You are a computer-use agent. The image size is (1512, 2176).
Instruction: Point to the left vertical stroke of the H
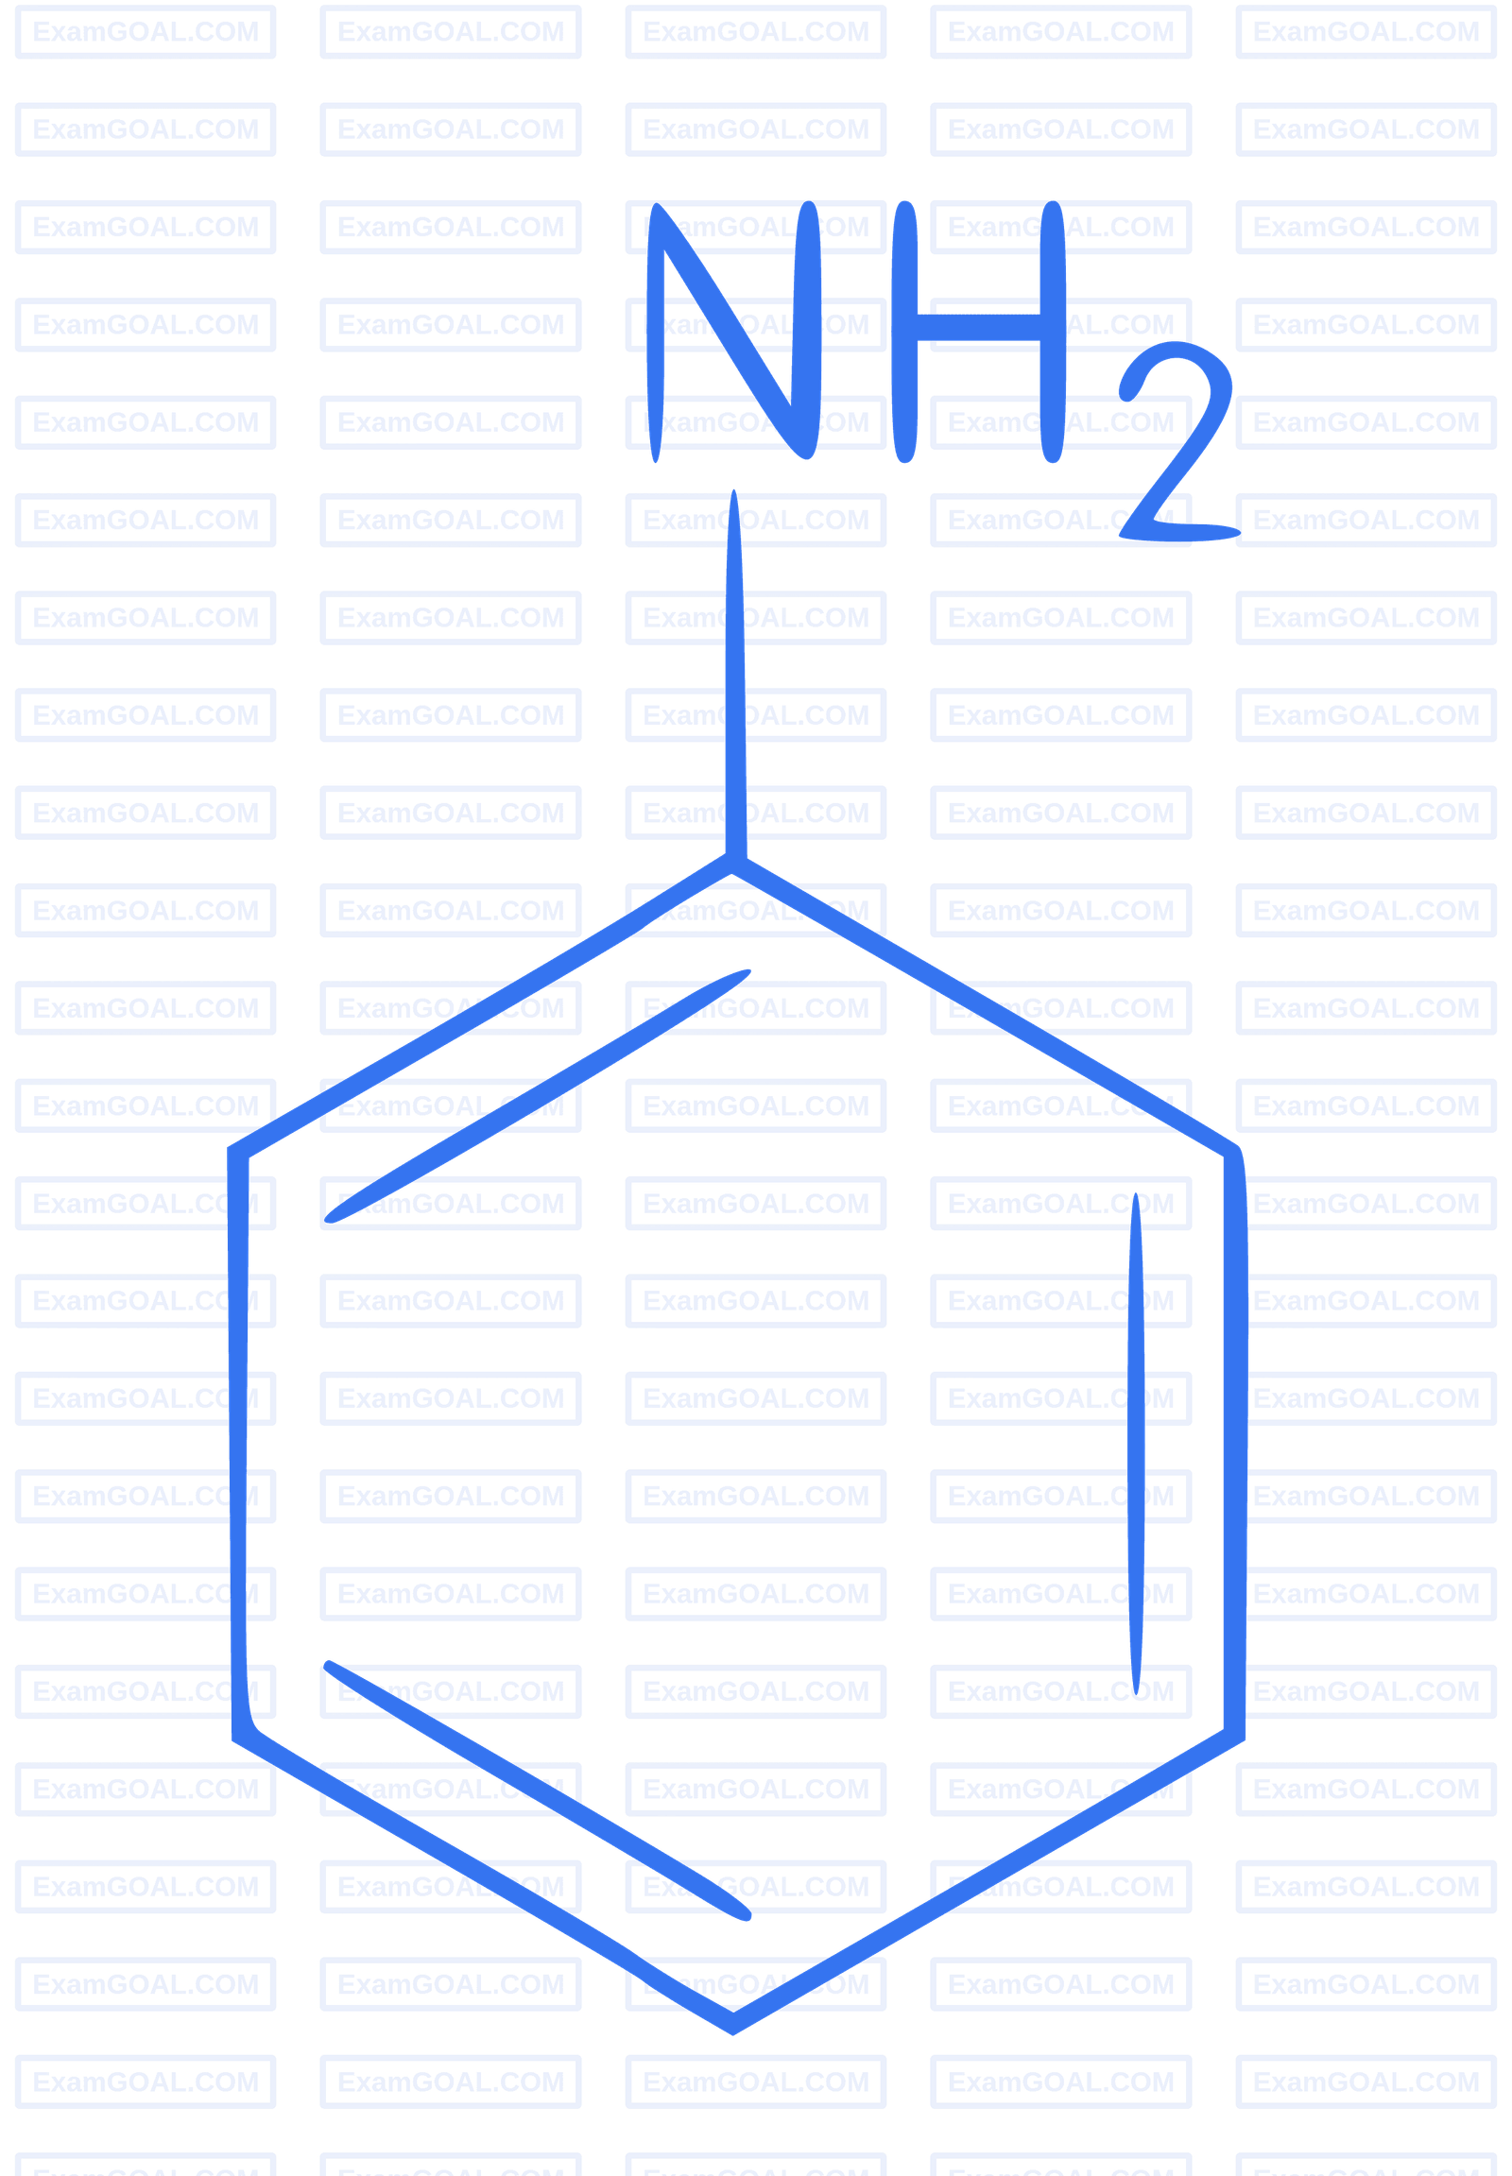coord(904,332)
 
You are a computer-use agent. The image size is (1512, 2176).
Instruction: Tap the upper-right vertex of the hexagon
coord(1235,1152)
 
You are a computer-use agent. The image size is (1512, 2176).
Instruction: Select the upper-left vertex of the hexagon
coord(237,1152)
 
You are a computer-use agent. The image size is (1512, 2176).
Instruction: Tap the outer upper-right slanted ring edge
coord(986,1008)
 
